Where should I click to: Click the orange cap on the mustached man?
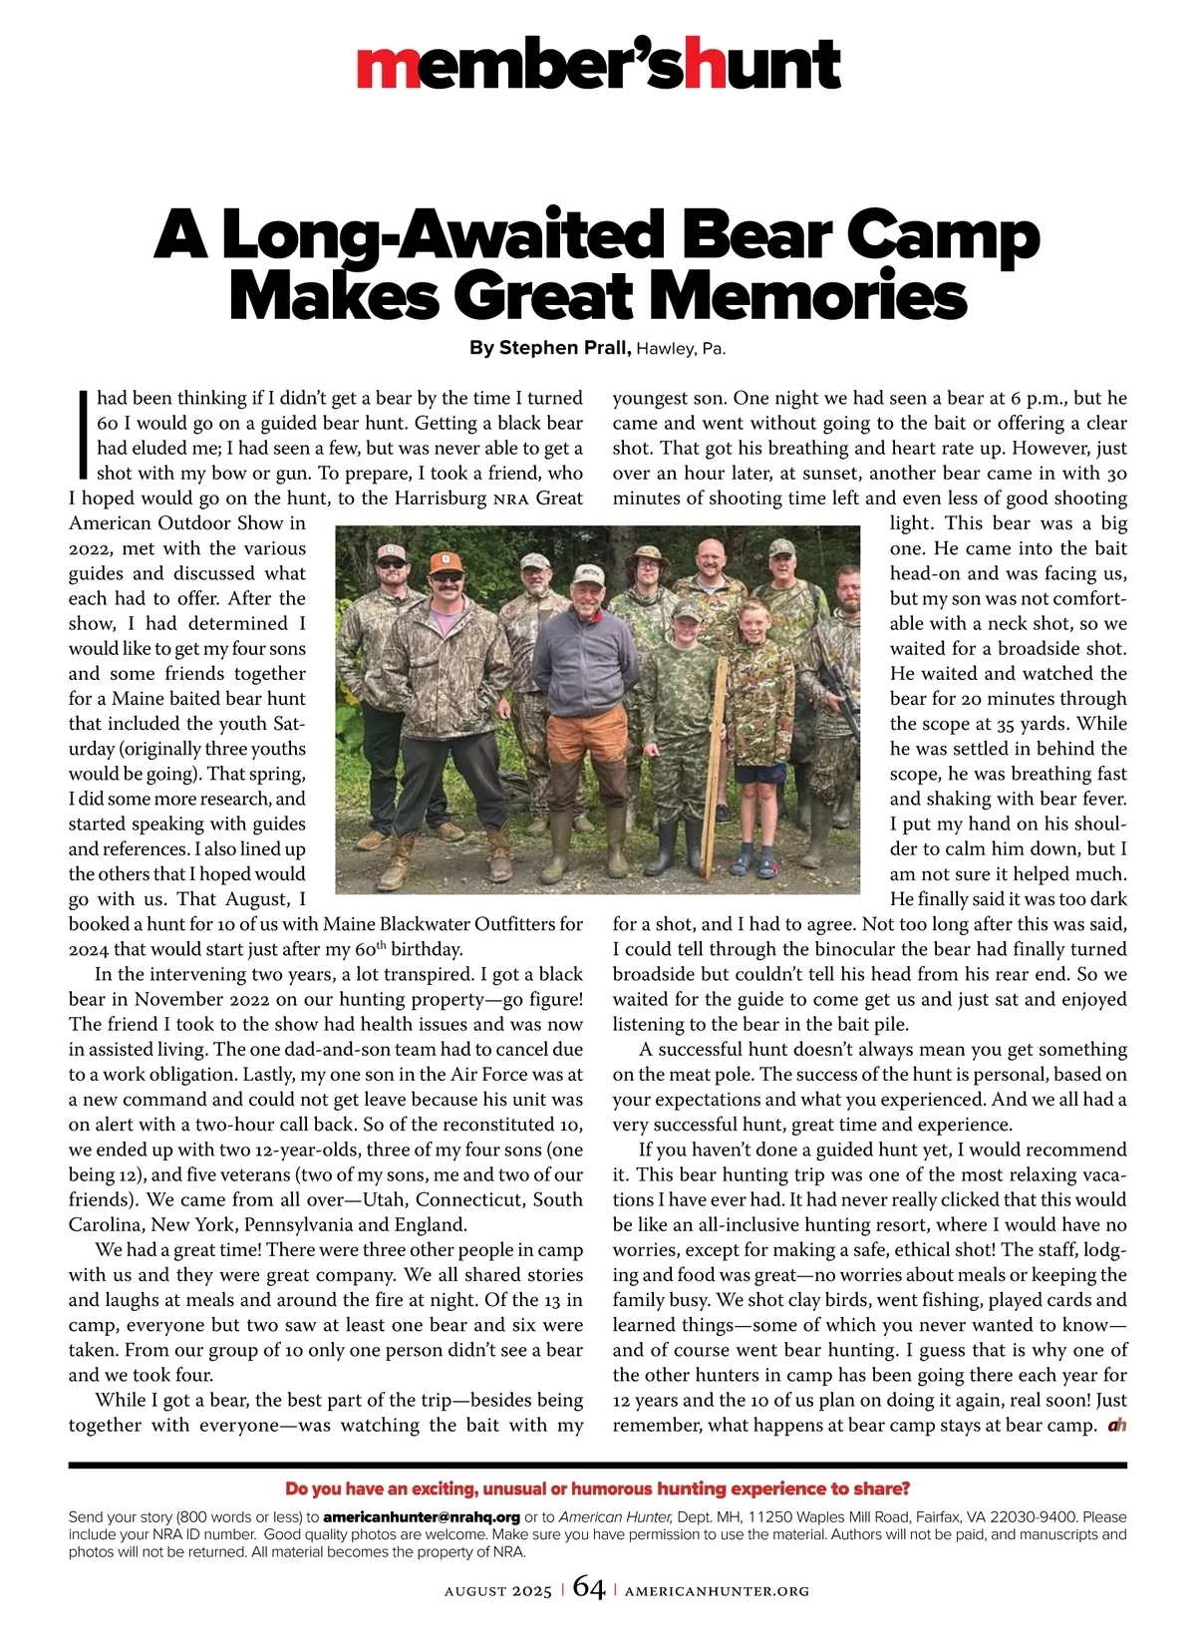click(447, 563)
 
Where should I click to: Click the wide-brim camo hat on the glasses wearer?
click(649, 552)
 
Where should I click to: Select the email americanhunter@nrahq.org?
click(422, 1517)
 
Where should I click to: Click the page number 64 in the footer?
click(589, 1590)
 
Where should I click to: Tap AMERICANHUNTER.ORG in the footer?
click(717, 1592)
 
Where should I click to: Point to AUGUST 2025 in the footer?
click(497, 1592)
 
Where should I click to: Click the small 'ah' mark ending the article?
click(1116, 1426)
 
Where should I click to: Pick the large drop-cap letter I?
click(82, 435)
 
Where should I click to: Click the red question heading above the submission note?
click(597, 1489)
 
